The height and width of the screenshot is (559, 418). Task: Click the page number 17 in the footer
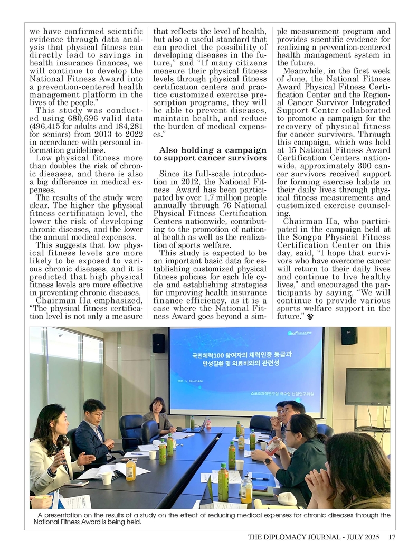pyautogui.click(x=392, y=538)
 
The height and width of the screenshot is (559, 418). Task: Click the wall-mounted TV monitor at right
pyautogui.click(x=367, y=386)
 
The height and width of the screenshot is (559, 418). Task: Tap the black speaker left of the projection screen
pyautogui.click(x=158, y=343)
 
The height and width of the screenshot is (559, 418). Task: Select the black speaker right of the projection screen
pyautogui.click(x=348, y=336)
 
